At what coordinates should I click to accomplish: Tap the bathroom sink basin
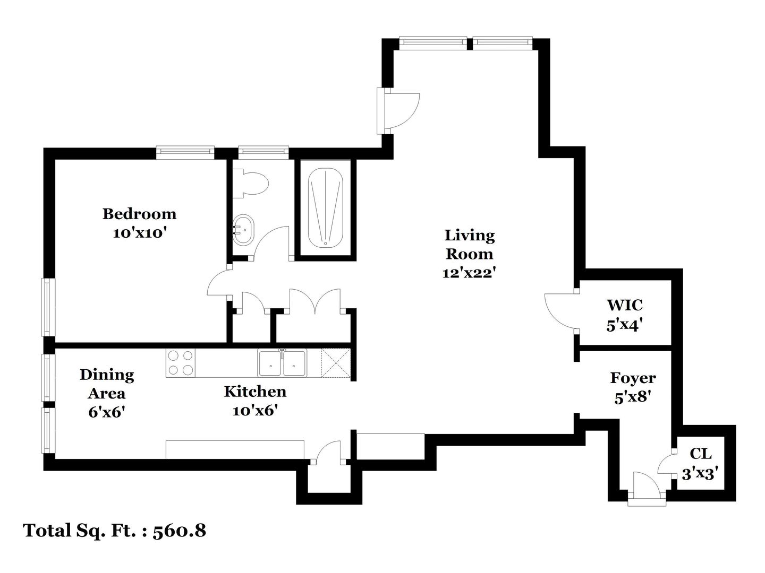point(243,230)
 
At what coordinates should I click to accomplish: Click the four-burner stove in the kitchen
point(180,363)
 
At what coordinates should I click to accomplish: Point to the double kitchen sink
point(282,363)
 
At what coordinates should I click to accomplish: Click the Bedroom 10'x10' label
point(139,223)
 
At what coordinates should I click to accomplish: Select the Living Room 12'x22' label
point(469,254)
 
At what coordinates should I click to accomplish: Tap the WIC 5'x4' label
point(624,315)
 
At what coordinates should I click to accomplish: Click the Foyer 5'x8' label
point(633,387)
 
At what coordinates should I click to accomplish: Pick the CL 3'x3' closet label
point(700,464)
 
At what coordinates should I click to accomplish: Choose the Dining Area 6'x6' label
point(107,393)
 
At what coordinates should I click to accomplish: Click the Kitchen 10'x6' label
point(255,401)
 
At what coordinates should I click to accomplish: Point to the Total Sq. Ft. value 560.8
point(179,531)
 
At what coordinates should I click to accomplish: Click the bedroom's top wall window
point(185,152)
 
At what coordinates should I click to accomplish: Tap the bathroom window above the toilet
point(263,152)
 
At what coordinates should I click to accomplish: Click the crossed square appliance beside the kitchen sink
point(336,363)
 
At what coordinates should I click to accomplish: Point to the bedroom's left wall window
point(48,307)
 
